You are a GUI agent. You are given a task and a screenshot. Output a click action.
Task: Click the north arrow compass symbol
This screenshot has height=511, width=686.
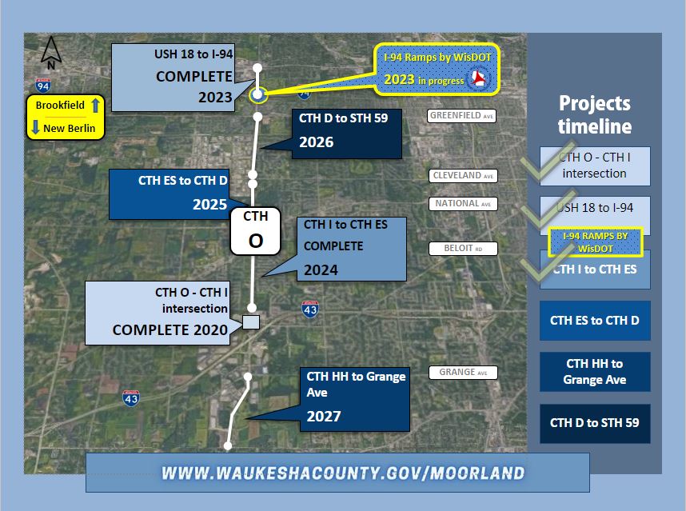(x=50, y=53)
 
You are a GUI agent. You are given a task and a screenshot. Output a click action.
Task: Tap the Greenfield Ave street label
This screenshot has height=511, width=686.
(x=461, y=115)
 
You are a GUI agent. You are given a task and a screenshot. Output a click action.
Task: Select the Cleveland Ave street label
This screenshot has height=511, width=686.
(x=463, y=175)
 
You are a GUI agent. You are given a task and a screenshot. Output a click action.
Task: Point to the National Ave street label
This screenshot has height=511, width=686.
(x=463, y=203)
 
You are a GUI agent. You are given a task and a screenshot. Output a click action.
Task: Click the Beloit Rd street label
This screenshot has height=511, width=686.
(x=463, y=249)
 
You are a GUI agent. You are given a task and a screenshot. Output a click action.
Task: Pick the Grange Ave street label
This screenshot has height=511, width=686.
(x=463, y=373)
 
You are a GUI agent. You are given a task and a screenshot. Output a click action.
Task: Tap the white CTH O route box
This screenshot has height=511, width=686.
(x=256, y=231)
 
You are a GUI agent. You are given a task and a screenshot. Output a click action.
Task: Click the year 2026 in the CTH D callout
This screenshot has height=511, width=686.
(x=317, y=142)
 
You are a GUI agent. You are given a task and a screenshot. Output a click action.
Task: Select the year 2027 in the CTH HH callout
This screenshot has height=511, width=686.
(x=324, y=416)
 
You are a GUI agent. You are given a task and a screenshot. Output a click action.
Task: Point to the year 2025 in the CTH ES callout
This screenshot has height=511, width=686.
(x=210, y=204)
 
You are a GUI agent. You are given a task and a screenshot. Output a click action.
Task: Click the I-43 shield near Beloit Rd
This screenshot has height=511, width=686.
(x=310, y=309)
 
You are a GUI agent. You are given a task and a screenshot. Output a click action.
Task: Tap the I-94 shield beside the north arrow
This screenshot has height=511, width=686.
(x=43, y=86)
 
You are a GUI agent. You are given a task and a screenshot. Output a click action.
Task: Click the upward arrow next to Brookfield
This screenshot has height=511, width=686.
(x=96, y=106)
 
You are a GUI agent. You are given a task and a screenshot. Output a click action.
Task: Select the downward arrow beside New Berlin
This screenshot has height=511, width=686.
(x=36, y=128)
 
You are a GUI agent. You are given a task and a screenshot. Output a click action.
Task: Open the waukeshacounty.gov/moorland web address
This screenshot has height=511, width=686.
(x=343, y=473)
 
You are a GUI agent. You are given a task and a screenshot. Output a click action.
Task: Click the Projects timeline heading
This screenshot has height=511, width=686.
(x=595, y=114)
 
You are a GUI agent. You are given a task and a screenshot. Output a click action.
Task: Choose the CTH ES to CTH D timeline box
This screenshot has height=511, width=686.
(x=595, y=321)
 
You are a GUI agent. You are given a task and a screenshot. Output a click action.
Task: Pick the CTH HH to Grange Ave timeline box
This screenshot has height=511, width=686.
(x=595, y=372)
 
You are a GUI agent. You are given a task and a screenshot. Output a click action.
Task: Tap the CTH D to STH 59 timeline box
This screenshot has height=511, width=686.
(x=595, y=424)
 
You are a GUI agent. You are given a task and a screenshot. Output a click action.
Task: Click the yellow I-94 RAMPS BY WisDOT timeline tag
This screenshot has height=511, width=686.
(x=596, y=242)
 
